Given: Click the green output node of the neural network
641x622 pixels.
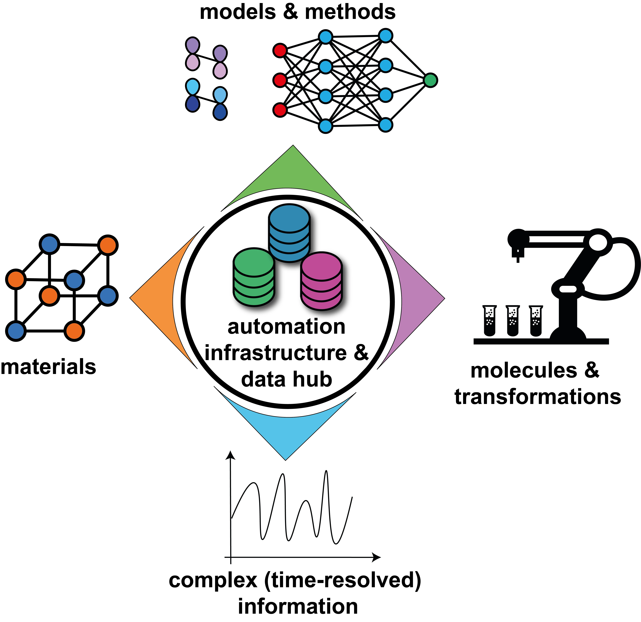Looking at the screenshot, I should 430,80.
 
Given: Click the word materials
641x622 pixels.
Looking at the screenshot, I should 48,367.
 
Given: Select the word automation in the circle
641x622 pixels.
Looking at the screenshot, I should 286,327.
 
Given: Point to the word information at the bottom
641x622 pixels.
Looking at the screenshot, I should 298,606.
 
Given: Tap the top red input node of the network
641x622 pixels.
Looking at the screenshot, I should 280,51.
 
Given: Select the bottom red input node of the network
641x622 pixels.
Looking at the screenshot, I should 280,110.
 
